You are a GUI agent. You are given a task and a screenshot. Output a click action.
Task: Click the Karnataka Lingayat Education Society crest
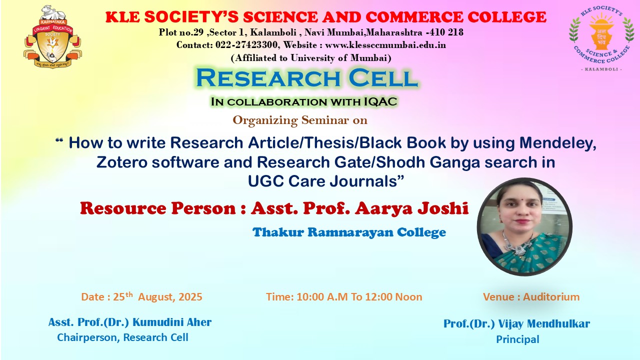pos(52,37)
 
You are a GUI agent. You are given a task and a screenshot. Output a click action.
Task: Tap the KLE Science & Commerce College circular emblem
pos(601,38)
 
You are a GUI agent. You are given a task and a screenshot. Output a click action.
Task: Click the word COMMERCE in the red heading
pos(414,17)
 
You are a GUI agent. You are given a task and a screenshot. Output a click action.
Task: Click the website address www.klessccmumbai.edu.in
pos(385,45)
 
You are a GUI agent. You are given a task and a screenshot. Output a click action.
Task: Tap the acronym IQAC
pos(380,101)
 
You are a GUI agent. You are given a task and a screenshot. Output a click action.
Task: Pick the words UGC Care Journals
pos(326,181)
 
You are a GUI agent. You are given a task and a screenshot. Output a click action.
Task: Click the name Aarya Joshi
pos(411,208)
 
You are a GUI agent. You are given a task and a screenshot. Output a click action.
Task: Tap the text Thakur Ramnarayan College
pos(349,232)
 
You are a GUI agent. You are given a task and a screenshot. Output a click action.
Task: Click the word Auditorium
pos(551,297)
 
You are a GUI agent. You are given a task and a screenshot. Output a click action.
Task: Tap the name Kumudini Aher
pos(172,322)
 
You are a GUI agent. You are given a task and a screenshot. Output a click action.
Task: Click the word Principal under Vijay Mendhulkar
pos(517,339)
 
